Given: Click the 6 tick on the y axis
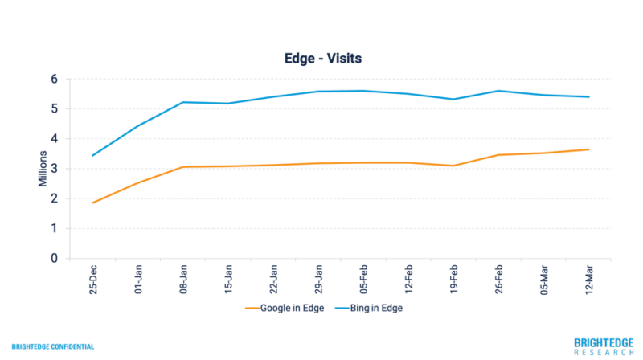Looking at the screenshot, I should (55, 79).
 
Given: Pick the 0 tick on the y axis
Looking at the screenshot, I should (55, 259).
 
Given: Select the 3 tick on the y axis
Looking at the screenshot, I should (55, 169).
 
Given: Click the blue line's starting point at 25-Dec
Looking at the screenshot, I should (93, 155).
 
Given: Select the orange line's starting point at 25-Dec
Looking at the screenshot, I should (93, 202).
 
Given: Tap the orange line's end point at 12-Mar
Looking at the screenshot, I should (589, 149).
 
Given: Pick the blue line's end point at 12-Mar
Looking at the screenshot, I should (589, 97).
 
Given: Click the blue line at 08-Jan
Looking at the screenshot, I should (183, 102).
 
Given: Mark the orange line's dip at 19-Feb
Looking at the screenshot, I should (454, 166).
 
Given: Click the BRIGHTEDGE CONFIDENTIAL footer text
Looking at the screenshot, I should (52, 347).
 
